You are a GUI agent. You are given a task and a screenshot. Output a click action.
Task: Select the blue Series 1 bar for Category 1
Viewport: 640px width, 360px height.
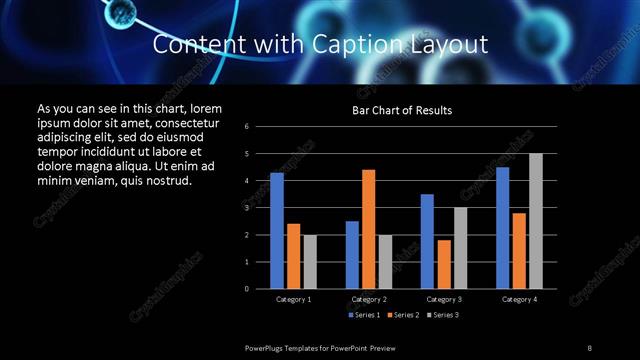[277, 231]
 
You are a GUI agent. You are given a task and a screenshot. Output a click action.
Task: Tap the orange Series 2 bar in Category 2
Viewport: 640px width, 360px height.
[368, 229]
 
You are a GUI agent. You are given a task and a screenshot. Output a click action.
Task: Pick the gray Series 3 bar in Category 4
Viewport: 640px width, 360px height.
[536, 221]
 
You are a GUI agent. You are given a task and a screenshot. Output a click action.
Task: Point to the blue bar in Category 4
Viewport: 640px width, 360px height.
[503, 228]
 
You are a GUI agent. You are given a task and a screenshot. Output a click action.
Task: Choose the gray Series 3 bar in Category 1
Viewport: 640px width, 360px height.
[309, 262]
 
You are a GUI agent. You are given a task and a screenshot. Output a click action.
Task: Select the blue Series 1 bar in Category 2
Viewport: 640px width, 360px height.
[352, 255]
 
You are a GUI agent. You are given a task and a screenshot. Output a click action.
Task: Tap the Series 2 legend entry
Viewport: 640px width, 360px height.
[402, 315]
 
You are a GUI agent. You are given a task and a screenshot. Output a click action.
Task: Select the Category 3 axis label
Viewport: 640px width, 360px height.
[444, 299]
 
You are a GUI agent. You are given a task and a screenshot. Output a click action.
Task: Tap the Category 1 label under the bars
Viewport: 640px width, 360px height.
[293, 299]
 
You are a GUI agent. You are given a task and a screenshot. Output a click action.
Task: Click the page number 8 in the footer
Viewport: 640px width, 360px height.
[589, 347]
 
